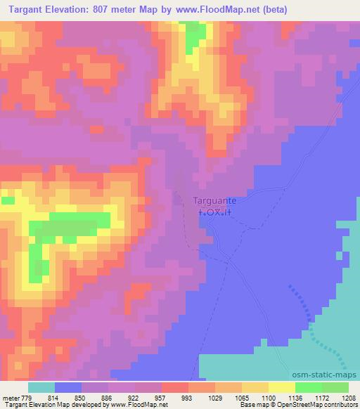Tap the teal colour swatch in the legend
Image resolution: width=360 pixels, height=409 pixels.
click(x=41, y=387)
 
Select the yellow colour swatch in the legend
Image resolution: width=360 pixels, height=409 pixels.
click(x=282, y=387)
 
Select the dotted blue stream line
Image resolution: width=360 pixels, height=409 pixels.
click(x=310, y=324)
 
